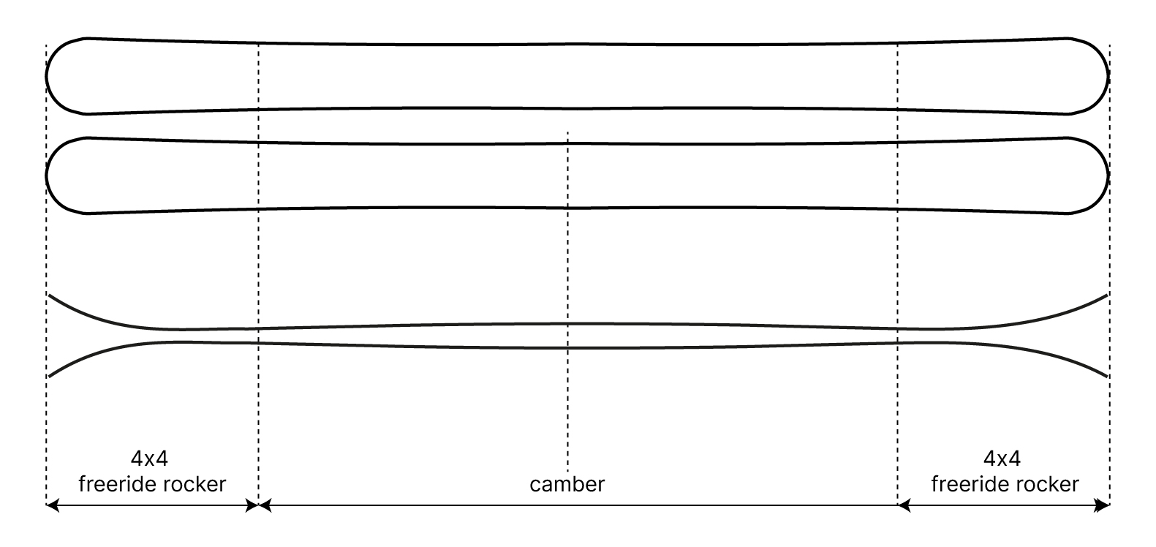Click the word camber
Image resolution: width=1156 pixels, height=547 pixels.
pos(567,484)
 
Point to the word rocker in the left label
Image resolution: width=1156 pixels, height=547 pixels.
pos(196,484)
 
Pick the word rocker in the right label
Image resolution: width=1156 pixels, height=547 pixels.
pos(1049,484)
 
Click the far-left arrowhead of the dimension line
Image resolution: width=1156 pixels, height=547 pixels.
pos(51,505)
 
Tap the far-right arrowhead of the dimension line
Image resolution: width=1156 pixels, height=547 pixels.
pos(1104,505)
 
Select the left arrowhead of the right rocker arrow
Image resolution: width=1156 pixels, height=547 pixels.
pos(904,505)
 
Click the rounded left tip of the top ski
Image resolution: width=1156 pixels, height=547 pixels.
pos(48,75)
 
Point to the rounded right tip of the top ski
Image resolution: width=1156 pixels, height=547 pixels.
pos(1108,75)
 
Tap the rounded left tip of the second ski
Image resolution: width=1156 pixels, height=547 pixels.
pos(48,176)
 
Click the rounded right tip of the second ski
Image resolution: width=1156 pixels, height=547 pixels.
pos(1108,176)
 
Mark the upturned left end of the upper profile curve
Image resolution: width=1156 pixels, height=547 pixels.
pos(50,295)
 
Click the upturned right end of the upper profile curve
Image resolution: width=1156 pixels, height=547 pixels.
pos(1107,295)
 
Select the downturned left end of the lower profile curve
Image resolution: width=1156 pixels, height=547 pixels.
pos(50,376)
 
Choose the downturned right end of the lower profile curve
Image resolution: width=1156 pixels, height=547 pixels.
pos(1107,376)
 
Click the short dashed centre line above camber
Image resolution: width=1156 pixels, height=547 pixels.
pos(567,293)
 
